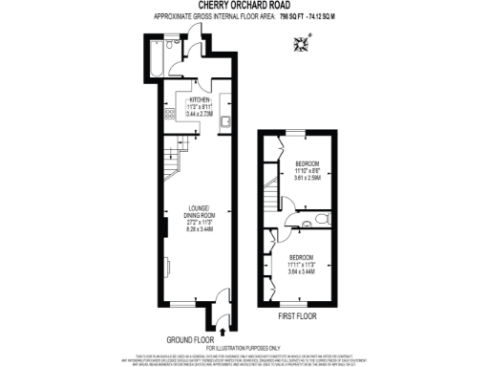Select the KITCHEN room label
(198, 98)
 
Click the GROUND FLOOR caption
(187, 339)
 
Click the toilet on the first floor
(321, 219)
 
